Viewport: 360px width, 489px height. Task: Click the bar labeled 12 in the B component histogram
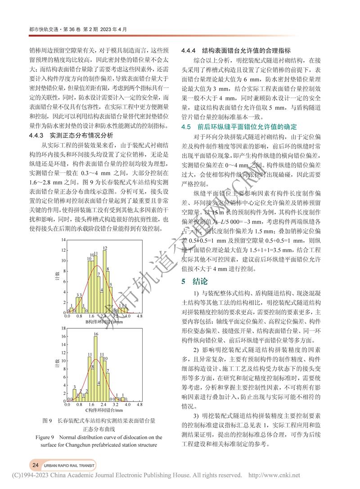[x=105, y=279]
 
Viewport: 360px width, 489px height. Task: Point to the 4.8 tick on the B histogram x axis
[x=139, y=317]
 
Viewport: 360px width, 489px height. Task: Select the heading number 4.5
[x=186, y=126]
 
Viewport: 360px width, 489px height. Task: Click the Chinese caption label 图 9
[x=48, y=421]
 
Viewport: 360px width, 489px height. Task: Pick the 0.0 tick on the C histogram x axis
[x=67, y=404]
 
